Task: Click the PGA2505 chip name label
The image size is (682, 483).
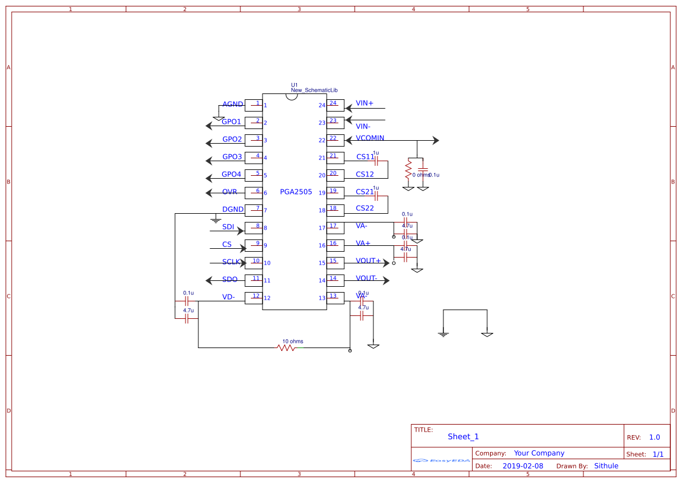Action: click(x=296, y=192)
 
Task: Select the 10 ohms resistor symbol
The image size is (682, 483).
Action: click(x=286, y=348)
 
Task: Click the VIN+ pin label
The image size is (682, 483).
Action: click(x=365, y=103)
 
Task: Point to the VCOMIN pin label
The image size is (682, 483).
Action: click(x=370, y=138)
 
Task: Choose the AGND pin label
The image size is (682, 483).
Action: click(x=232, y=105)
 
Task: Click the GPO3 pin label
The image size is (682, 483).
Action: click(x=232, y=157)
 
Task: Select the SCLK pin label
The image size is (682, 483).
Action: click(x=231, y=262)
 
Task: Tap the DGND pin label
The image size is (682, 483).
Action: click(x=233, y=210)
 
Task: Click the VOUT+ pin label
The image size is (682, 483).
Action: click(x=368, y=261)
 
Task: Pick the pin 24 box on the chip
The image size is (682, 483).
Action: click(x=335, y=105)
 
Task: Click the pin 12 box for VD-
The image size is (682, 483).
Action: click(x=254, y=298)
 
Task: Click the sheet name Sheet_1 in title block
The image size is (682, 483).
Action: click(x=463, y=437)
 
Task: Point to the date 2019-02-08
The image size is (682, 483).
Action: click(x=523, y=466)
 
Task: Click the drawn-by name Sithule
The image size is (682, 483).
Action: click(x=606, y=466)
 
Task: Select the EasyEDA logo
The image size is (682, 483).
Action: click(x=442, y=460)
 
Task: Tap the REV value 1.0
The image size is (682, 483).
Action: click(x=655, y=437)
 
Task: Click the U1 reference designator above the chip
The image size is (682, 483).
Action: click(x=295, y=85)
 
